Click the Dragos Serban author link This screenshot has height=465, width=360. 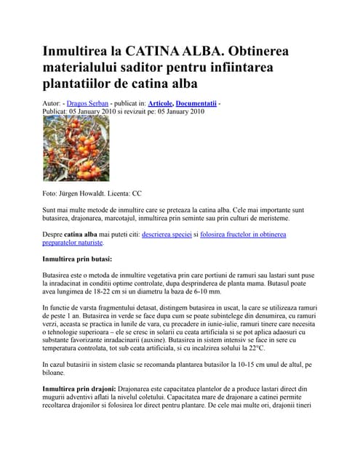[x=87, y=104]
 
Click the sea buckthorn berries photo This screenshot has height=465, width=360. [x=76, y=149]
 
